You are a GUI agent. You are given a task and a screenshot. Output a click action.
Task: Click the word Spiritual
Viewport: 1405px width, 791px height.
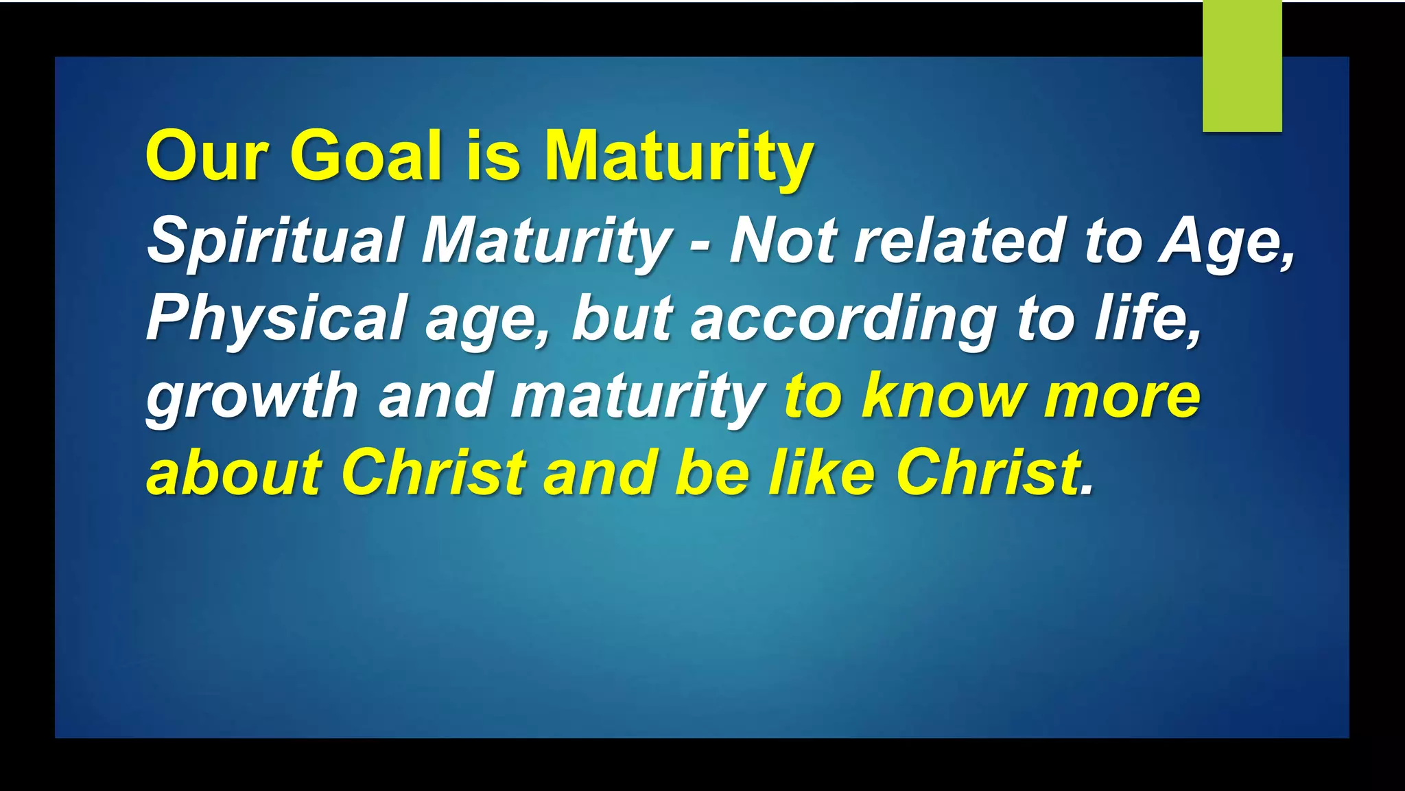point(274,240)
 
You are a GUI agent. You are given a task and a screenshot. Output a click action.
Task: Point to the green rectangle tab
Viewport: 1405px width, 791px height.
point(1242,66)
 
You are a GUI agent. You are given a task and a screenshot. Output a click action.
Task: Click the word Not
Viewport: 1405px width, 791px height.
point(783,240)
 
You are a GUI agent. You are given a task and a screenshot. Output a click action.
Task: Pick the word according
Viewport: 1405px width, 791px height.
point(844,319)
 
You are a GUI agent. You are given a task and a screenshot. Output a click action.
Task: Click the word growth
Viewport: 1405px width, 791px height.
point(252,397)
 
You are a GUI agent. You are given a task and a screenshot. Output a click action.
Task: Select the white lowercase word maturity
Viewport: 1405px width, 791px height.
point(638,397)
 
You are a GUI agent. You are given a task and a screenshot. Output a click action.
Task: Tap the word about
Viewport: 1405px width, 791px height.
point(234,472)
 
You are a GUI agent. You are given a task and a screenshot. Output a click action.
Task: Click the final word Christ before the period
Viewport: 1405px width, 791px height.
point(988,472)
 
